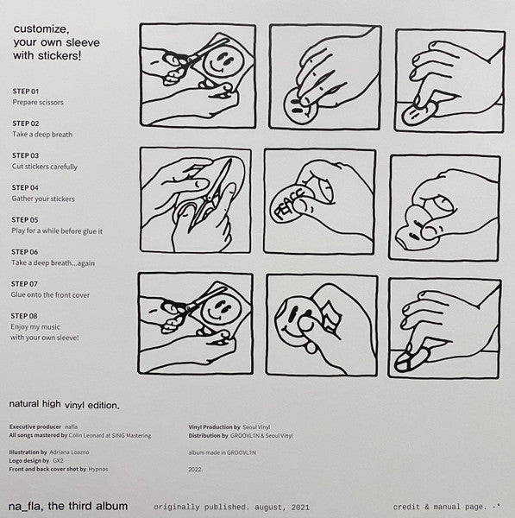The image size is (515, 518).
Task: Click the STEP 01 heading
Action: click(x=26, y=92)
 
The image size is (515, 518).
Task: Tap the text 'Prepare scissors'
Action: click(x=38, y=103)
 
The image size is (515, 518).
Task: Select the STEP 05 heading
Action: click(x=25, y=219)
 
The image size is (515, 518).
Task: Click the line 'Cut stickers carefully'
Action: click(x=45, y=167)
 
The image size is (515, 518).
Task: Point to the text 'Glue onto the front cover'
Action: click(x=50, y=295)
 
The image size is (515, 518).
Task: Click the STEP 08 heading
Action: click(x=24, y=316)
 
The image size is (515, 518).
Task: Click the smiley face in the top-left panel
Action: click(x=221, y=61)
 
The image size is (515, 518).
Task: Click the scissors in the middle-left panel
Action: click(x=211, y=195)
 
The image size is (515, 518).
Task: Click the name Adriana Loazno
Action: click(x=69, y=452)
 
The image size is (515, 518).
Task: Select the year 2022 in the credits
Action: click(x=196, y=469)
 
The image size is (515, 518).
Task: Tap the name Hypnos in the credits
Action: click(x=98, y=469)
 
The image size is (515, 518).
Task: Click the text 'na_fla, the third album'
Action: click(x=68, y=506)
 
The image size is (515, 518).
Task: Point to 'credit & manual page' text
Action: click(x=440, y=507)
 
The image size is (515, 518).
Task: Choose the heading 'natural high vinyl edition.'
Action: click(x=65, y=405)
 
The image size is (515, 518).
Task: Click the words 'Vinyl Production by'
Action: click(x=214, y=426)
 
